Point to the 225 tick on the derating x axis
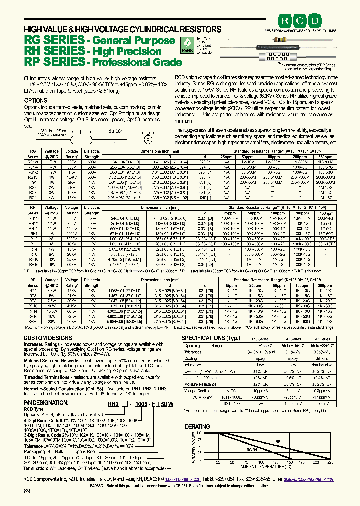tap(330, 462)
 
